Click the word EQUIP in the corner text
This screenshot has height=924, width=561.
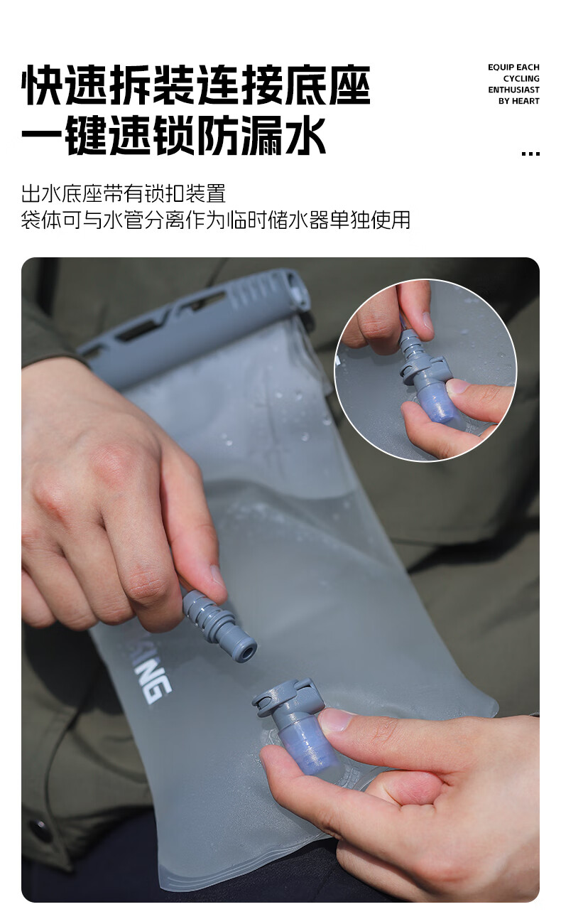pos(500,68)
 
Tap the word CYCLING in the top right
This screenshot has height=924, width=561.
pos(521,79)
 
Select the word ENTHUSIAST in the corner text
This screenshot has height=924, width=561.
pos(513,90)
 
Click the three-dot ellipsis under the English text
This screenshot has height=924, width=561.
pos(530,153)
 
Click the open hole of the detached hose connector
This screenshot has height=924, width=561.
pos(246,649)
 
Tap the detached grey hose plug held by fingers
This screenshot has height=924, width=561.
pos(217,620)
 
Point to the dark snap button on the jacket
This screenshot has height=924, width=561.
pos(39,830)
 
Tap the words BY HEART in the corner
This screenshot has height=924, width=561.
pos(518,101)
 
